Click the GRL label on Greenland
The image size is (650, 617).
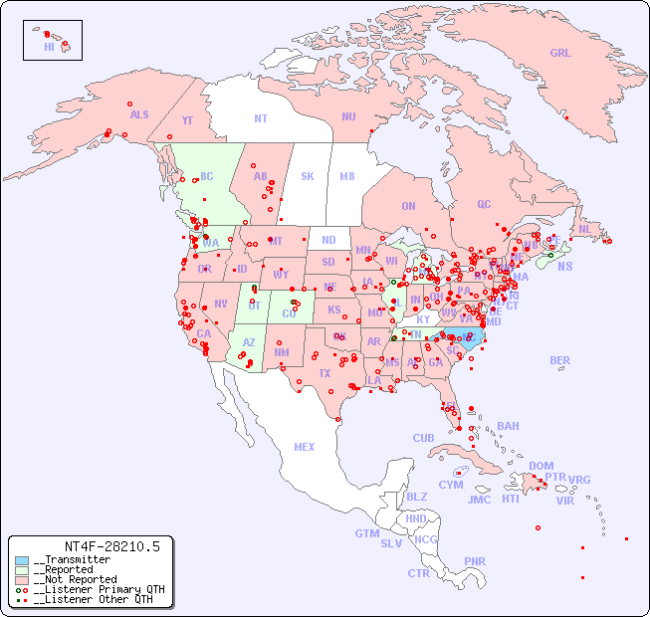point(560,54)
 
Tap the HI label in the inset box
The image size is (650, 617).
point(49,47)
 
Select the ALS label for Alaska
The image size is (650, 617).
point(139,114)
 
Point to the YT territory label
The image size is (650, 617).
point(187,120)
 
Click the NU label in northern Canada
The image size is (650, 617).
point(348,116)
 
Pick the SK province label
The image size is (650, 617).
point(308,176)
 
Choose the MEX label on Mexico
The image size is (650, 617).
point(305,447)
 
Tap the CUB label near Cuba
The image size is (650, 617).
point(423,438)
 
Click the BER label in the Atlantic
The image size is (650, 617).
point(560,360)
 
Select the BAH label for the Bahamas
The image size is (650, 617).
point(508,426)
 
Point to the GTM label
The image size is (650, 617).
point(366,533)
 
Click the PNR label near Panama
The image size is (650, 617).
point(475,561)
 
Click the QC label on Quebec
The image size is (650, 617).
point(484,204)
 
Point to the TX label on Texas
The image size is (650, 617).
point(324,373)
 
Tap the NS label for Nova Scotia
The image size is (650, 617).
point(565,266)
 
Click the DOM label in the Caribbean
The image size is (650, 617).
point(541,466)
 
